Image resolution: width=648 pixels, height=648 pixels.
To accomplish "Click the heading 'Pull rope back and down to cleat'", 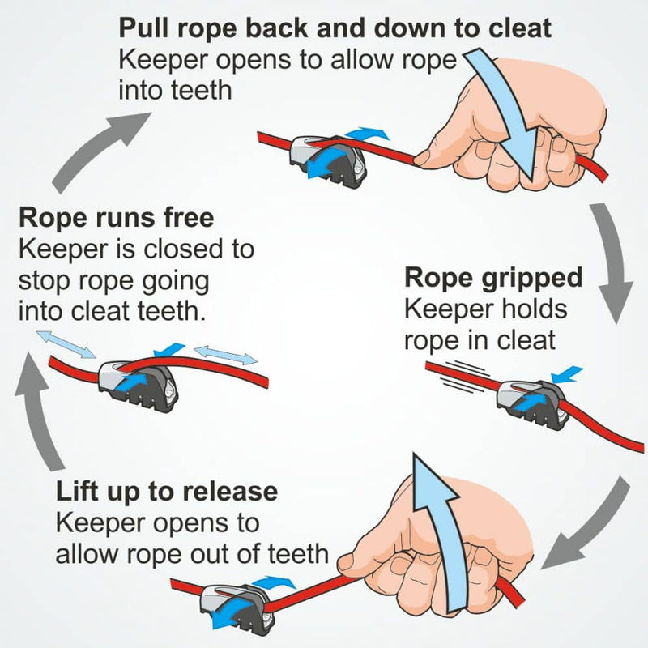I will (335, 29).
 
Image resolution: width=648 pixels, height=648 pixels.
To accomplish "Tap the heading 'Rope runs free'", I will (117, 218).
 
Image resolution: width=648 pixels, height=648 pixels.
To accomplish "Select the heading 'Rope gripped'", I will (493, 278).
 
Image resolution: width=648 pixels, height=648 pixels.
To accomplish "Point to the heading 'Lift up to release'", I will (166, 491).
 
